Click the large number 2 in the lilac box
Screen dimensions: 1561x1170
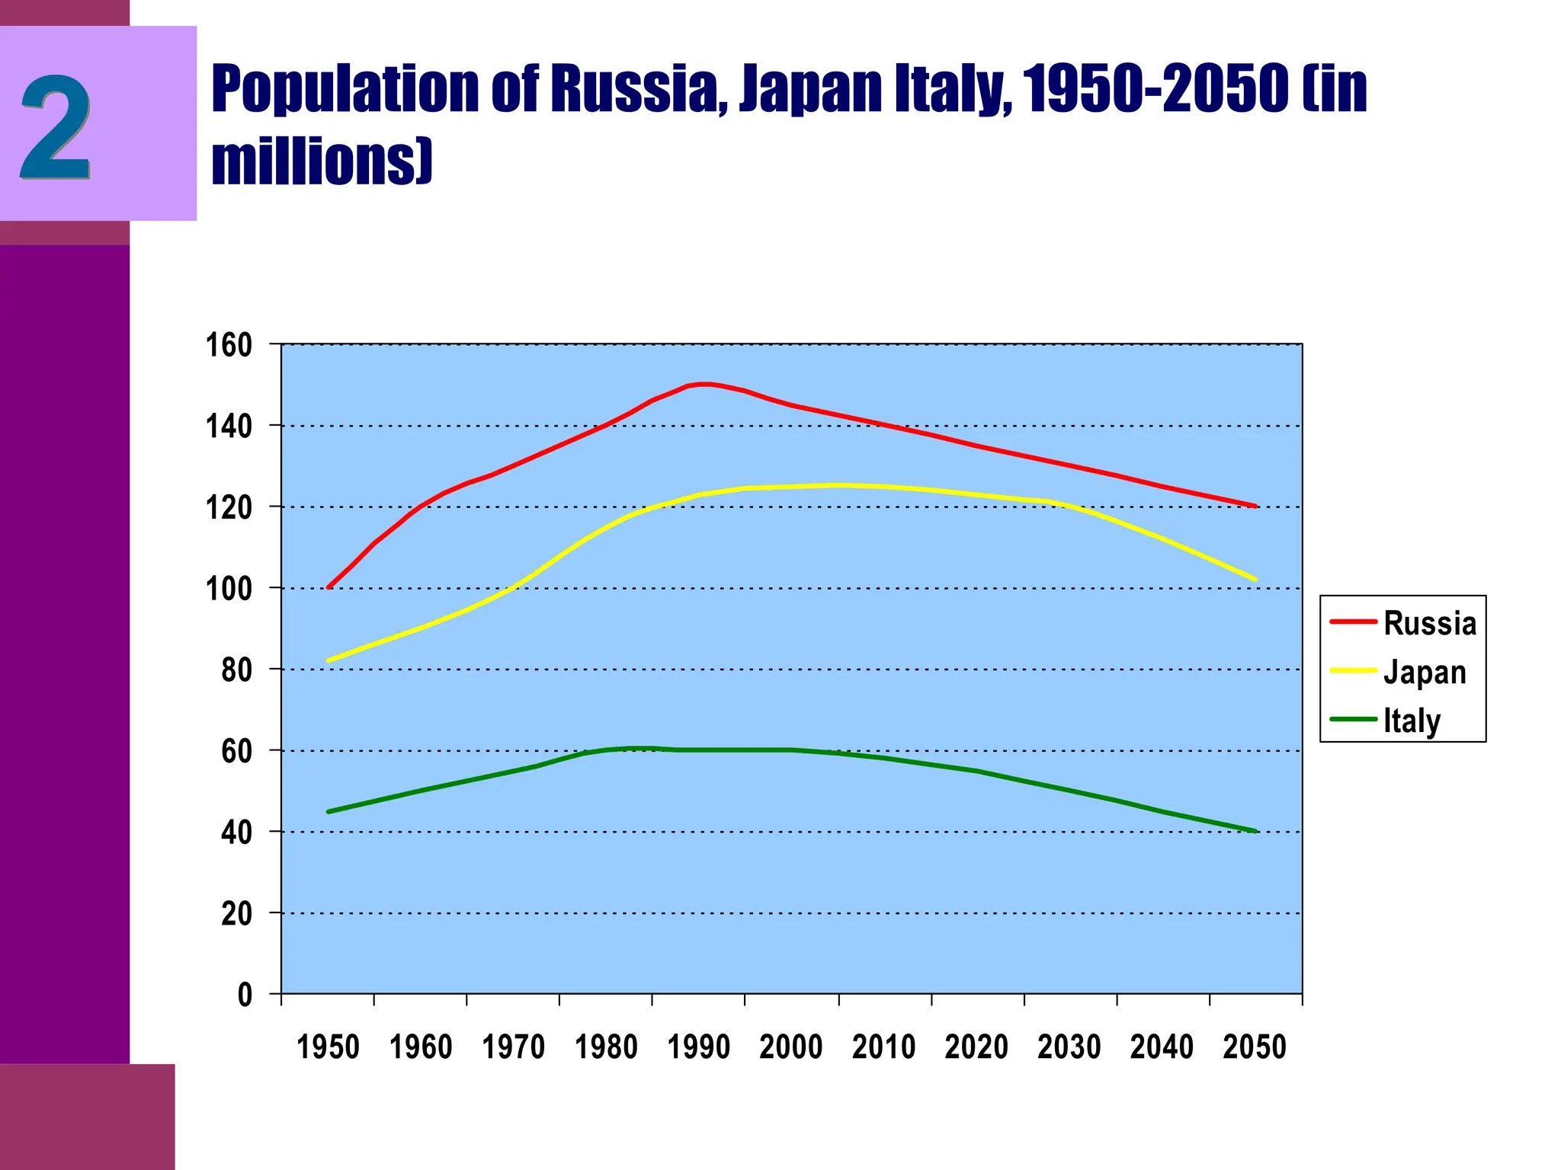55,127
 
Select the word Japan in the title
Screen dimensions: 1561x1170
811,91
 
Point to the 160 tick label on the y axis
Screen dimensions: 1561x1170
229,345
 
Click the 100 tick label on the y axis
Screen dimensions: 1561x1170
229,589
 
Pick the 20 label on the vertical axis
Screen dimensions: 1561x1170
236,913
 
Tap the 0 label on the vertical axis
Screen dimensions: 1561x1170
245,995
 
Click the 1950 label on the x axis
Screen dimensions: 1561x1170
328,1047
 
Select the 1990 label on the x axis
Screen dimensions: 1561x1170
698,1047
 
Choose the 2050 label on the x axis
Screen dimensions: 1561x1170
1255,1047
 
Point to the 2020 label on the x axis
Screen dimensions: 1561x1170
976,1047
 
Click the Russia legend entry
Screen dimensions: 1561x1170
1429,623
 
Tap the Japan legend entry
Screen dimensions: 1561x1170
1424,672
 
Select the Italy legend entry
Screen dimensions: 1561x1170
1412,721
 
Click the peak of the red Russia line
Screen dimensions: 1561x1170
704,384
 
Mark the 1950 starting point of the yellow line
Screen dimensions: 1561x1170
329,660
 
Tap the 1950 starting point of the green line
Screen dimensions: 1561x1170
329,812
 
